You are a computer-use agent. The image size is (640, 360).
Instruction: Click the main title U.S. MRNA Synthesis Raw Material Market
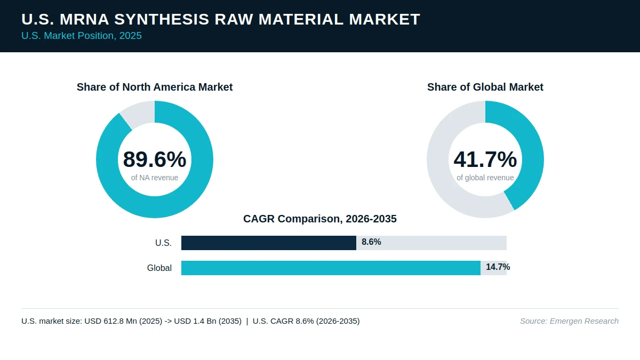pyautogui.click(x=221, y=19)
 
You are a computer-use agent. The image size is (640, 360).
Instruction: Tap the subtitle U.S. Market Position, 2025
pyautogui.click(x=82, y=36)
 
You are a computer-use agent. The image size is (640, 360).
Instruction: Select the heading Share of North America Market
pyautogui.click(x=155, y=87)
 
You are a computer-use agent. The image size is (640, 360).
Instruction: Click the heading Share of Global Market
pyautogui.click(x=485, y=87)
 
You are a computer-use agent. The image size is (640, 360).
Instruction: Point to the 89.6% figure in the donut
pyautogui.click(x=155, y=159)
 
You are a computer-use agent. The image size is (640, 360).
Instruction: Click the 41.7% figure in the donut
pyautogui.click(x=485, y=159)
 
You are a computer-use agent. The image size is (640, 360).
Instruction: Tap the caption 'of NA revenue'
pyautogui.click(x=155, y=178)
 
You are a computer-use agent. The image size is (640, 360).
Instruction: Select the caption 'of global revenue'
pyautogui.click(x=485, y=178)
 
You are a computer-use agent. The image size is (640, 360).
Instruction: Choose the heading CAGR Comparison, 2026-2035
pyautogui.click(x=319, y=219)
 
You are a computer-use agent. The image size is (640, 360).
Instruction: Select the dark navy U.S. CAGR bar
pyautogui.click(x=269, y=243)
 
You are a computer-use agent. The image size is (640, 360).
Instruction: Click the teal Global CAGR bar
pyautogui.click(x=331, y=268)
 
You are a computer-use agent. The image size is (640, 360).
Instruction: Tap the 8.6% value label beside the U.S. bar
pyautogui.click(x=371, y=242)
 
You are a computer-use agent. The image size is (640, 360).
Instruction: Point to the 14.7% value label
pyautogui.click(x=498, y=267)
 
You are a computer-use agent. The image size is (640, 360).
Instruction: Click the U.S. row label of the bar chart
pyautogui.click(x=163, y=243)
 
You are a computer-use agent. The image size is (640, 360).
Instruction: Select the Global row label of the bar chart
pyautogui.click(x=159, y=268)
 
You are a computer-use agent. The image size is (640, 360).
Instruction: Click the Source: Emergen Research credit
pyautogui.click(x=569, y=321)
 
